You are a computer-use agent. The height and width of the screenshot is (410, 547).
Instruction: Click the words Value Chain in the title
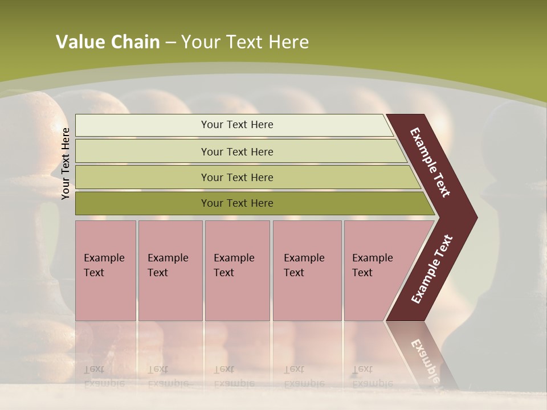[x=108, y=42]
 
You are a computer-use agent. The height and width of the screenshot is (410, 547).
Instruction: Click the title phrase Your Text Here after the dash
[x=245, y=42]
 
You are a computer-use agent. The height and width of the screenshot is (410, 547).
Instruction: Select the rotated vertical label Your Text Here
[x=66, y=163]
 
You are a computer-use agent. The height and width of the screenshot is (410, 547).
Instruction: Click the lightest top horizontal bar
[x=237, y=125]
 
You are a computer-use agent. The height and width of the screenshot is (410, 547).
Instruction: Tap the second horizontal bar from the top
[x=237, y=151]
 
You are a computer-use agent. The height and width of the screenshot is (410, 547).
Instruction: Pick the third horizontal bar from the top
[x=237, y=177]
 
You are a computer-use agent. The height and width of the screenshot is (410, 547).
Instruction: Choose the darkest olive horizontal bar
[x=237, y=203]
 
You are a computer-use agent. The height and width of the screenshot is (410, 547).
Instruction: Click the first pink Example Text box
[x=105, y=270]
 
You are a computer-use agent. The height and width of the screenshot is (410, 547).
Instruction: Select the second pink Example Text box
[x=170, y=270]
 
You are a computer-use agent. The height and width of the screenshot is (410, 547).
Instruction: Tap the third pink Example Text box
[x=237, y=270]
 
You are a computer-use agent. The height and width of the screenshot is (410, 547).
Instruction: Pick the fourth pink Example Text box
[x=307, y=270]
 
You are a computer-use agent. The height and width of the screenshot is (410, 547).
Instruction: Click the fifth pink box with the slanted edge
[x=376, y=270]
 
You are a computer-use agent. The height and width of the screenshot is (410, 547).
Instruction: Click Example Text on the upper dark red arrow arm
[x=430, y=162]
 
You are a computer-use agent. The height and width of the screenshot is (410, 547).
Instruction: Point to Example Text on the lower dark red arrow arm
[x=432, y=269]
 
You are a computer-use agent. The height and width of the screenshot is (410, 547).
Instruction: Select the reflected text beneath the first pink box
[x=104, y=376]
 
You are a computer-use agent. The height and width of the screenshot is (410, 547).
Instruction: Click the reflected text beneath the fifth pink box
[x=372, y=376]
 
